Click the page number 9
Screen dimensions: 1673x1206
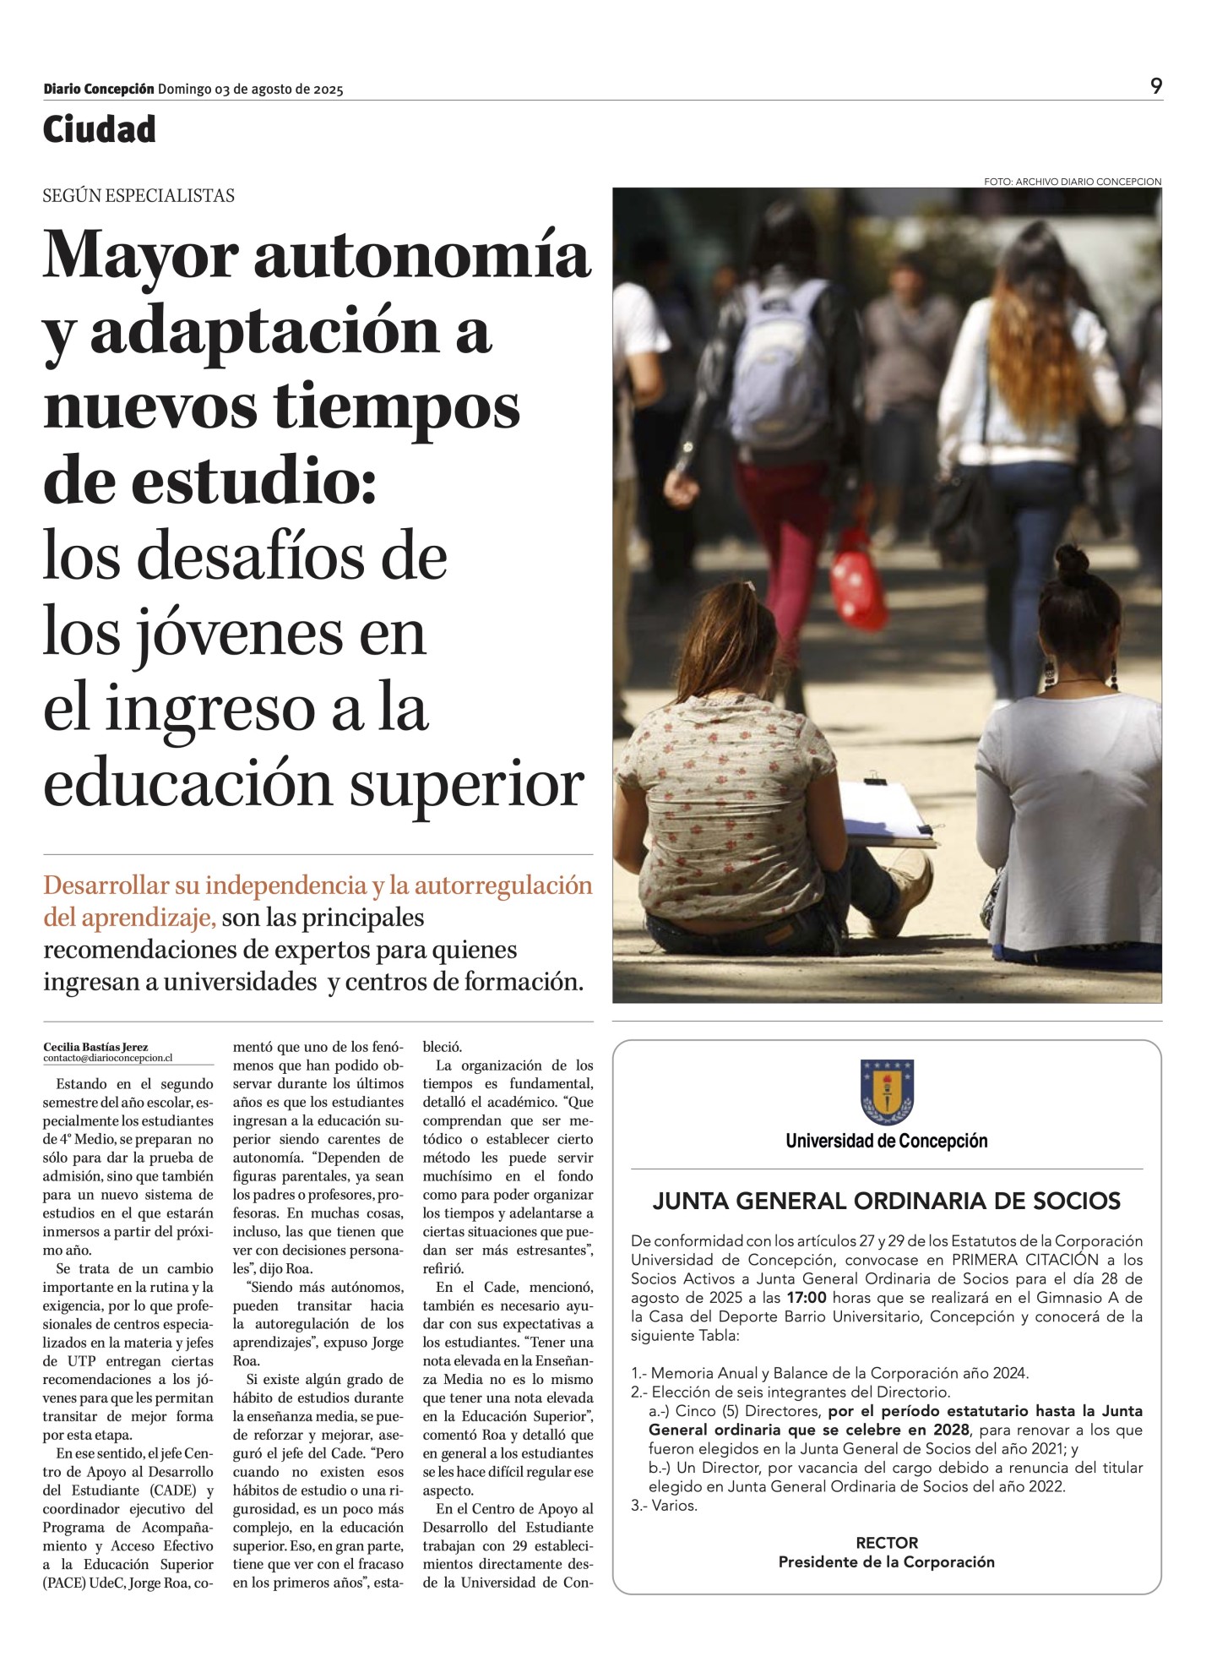pyautogui.click(x=1155, y=85)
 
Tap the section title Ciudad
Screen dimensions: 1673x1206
pyautogui.click(x=100, y=129)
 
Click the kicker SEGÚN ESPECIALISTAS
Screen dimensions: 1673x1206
pyautogui.click(x=139, y=196)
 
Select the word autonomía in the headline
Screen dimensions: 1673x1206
pyautogui.click(x=421, y=254)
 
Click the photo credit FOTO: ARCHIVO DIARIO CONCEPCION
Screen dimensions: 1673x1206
pyautogui.click(x=1072, y=182)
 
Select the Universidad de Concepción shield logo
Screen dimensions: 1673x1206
pyautogui.click(x=887, y=1092)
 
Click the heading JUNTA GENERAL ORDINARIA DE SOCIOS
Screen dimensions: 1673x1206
pyautogui.click(x=887, y=1201)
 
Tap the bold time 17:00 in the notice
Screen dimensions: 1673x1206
pyautogui.click(x=806, y=1298)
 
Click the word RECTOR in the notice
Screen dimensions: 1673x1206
pyautogui.click(x=887, y=1543)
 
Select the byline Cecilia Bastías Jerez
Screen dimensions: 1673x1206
pyautogui.click(x=95, y=1047)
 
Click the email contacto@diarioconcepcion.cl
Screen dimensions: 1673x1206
pyautogui.click(x=107, y=1058)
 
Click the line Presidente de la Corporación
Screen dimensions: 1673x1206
pyautogui.click(x=887, y=1561)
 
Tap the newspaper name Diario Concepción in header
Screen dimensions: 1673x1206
pyautogui.click(x=99, y=89)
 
